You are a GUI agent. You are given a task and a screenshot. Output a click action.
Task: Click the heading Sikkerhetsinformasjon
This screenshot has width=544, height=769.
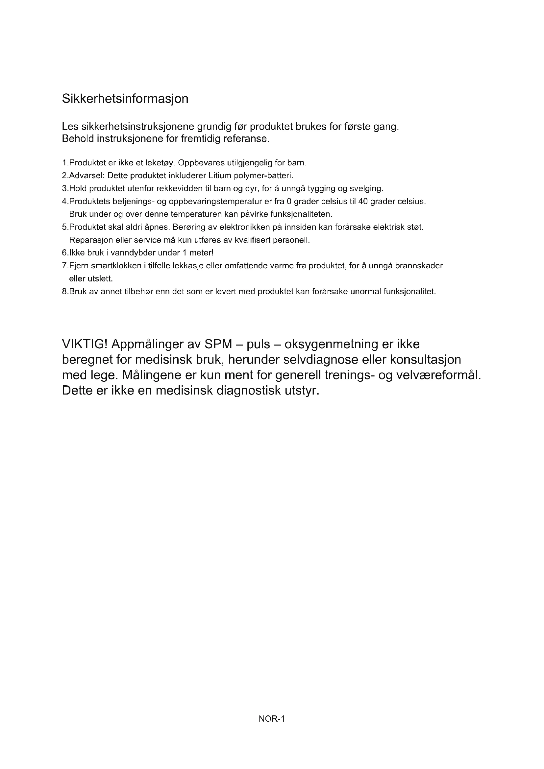(125, 99)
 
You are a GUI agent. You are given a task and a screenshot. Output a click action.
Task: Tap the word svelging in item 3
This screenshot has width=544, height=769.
(366, 189)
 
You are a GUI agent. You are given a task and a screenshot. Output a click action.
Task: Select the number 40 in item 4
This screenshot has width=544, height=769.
(363, 202)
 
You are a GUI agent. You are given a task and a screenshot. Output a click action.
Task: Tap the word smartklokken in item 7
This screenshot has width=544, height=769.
(116, 266)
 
